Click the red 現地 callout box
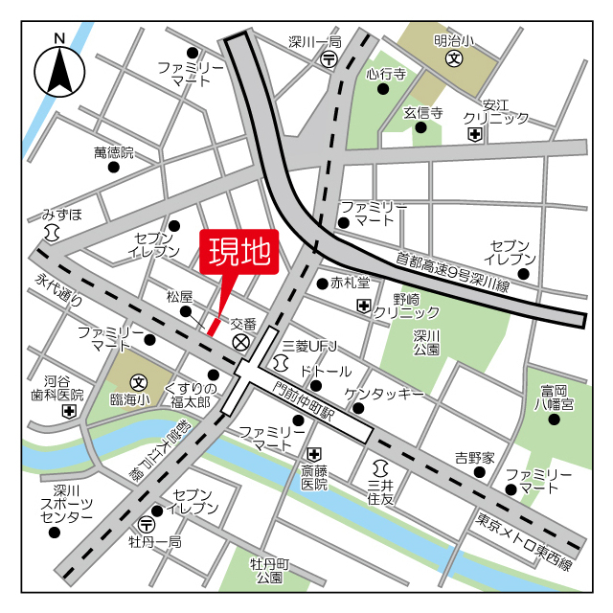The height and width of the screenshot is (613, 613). pyautogui.click(x=238, y=253)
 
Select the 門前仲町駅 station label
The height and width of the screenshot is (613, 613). pyautogui.click(x=306, y=401)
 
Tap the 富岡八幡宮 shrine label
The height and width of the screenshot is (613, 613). pyautogui.click(x=556, y=397)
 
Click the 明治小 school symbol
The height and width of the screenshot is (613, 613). pyautogui.click(x=453, y=58)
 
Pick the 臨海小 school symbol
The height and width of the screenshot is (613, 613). pyautogui.click(x=139, y=381)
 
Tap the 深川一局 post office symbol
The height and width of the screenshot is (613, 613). pyautogui.click(x=329, y=59)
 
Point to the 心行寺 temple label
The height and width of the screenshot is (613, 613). pyautogui.click(x=385, y=73)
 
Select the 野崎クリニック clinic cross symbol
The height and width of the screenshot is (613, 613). pyautogui.click(x=363, y=306)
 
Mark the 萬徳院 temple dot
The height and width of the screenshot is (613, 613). pyautogui.click(x=114, y=167)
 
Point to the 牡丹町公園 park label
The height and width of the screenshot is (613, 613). pyautogui.click(x=269, y=569)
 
